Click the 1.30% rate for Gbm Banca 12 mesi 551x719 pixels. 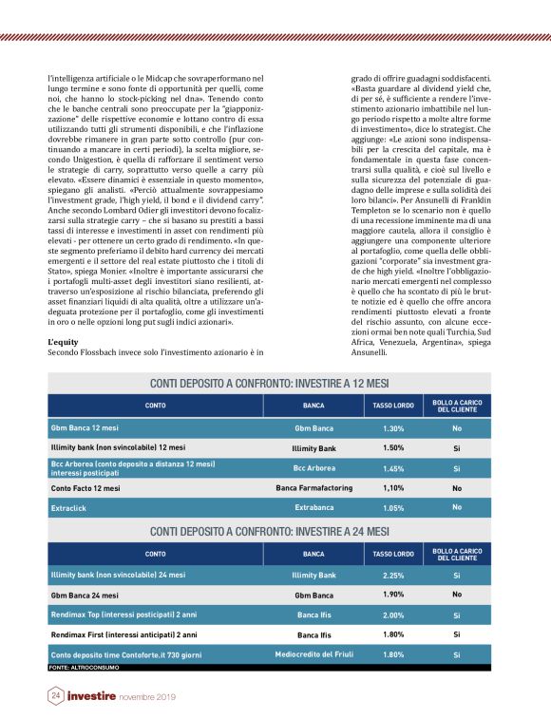pyautogui.click(x=394, y=428)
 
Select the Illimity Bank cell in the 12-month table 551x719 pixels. pyautogui.click(x=313, y=447)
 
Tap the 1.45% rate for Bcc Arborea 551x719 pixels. pyautogui.click(x=394, y=468)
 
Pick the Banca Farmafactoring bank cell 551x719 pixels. pyautogui.click(x=313, y=488)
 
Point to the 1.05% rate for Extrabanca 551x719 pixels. pyautogui.click(x=394, y=508)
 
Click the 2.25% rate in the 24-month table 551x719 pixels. pyautogui.click(x=394, y=575)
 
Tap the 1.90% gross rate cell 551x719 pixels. pyautogui.click(x=394, y=595)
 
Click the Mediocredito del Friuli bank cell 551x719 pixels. pyautogui.click(x=313, y=654)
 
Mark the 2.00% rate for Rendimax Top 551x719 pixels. pyautogui.click(x=394, y=615)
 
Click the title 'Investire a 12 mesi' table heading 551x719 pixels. pyautogui.click(x=270, y=383)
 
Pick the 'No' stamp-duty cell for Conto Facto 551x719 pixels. pyautogui.click(x=457, y=488)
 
